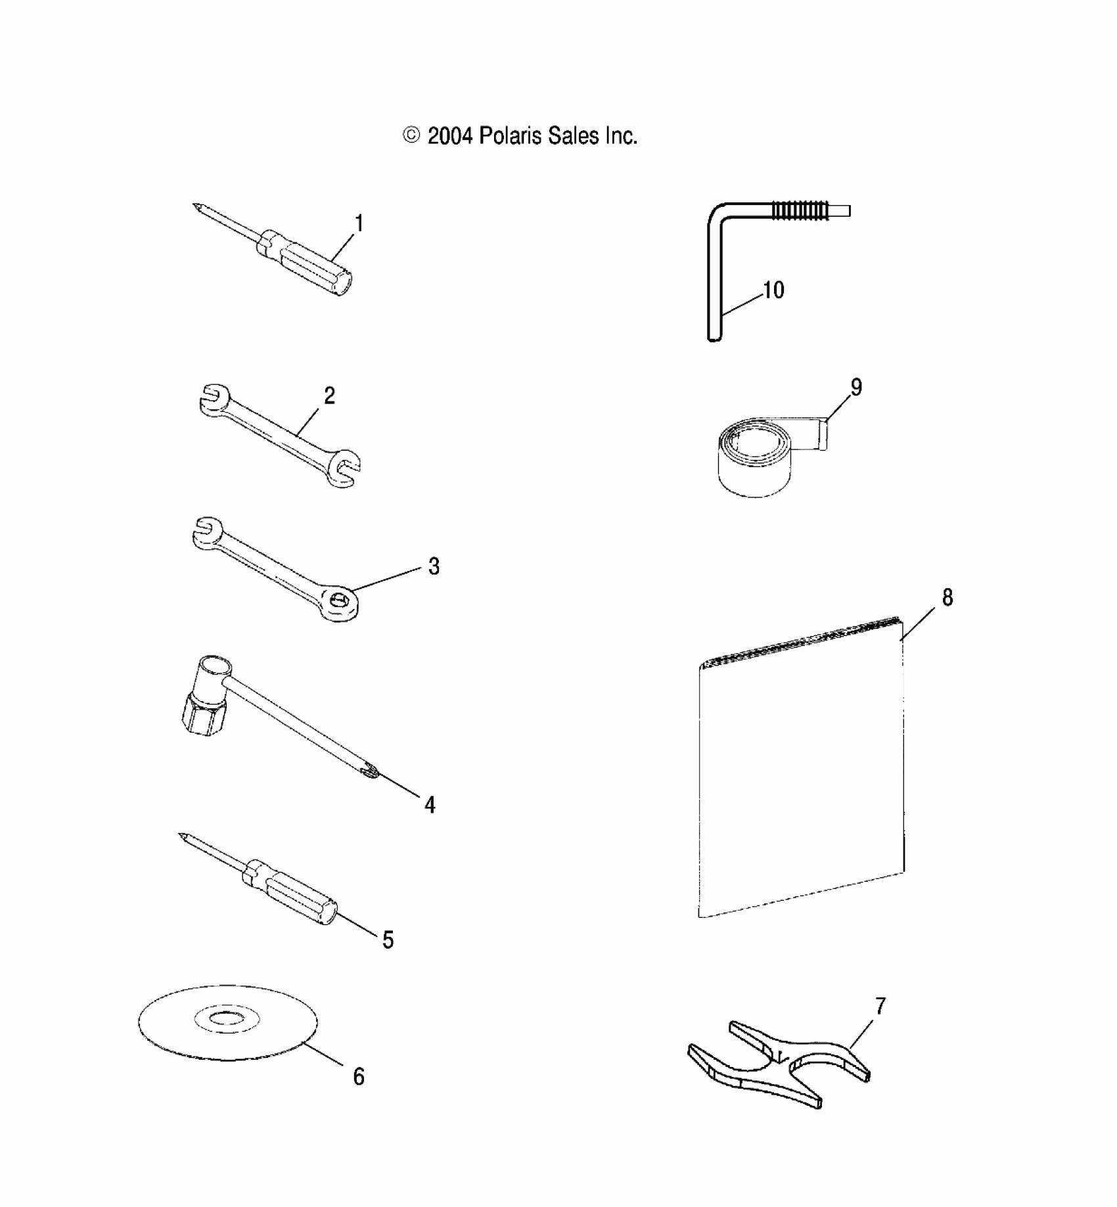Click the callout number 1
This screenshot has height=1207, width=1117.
pyautogui.click(x=359, y=223)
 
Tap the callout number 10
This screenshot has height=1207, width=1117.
pyautogui.click(x=774, y=290)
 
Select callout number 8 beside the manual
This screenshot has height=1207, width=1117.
pyautogui.click(x=947, y=597)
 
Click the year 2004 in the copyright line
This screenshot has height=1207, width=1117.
pyautogui.click(x=450, y=136)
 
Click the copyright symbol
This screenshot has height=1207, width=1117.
pyautogui.click(x=411, y=136)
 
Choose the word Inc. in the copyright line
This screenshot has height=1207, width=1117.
pyautogui.click(x=621, y=136)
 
